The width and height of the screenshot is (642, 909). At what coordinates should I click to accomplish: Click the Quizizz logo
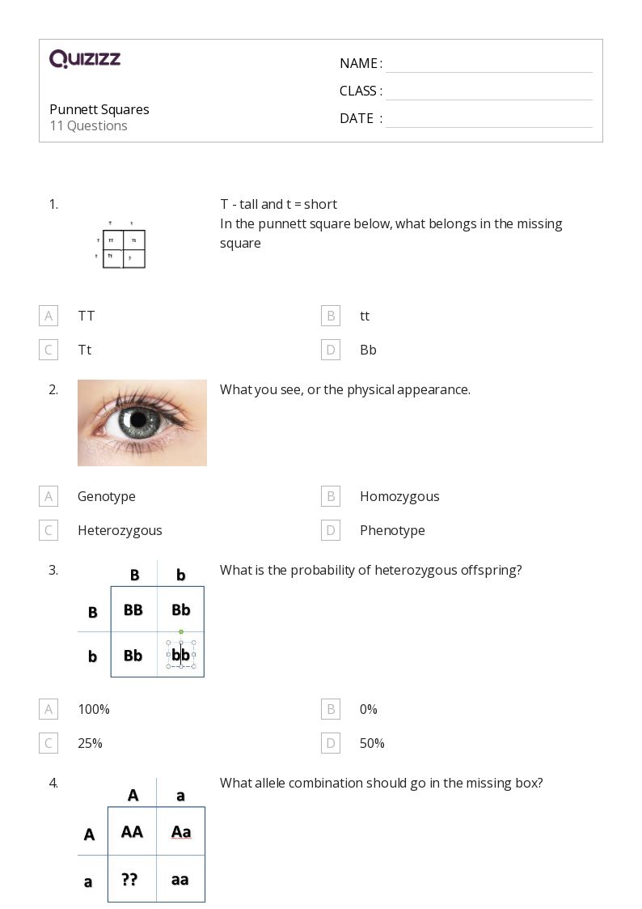click(x=85, y=59)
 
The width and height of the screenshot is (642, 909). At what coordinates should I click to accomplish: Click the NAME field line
click(x=488, y=64)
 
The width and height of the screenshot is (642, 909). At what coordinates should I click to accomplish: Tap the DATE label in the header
click(x=357, y=118)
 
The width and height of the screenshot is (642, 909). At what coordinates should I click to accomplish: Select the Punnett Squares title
click(x=99, y=109)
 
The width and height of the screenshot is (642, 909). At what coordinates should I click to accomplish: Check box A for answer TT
click(x=49, y=316)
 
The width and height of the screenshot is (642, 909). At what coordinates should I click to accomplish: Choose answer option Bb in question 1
click(x=368, y=350)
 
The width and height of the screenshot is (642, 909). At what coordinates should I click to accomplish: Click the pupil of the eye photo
click(x=138, y=419)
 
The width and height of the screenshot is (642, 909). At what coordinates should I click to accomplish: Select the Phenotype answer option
click(x=392, y=530)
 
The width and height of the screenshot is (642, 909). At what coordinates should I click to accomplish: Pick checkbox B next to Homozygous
click(x=330, y=496)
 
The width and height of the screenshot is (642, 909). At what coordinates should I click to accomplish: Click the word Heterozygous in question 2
click(x=120, y=530)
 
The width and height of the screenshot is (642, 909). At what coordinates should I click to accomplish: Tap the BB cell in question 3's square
click(x=133, y=610)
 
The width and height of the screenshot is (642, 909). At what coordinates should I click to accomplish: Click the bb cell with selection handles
click(x=181, y=654)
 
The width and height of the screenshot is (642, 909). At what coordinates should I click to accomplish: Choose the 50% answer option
click(x=372, y=743)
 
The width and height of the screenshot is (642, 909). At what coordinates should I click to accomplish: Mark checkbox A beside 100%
click(x=49, y=709)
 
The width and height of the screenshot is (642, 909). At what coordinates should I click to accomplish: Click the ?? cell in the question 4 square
click(x=129, y=879)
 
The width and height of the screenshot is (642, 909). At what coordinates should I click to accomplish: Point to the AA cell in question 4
click(x=132, y=831)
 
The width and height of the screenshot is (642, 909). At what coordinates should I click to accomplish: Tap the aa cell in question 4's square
click(x=180, y=879)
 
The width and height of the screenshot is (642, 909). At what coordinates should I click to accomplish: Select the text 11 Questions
click(x=88, y=125)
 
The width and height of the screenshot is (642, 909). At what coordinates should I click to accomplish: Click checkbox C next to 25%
click(x=49, y=743)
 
